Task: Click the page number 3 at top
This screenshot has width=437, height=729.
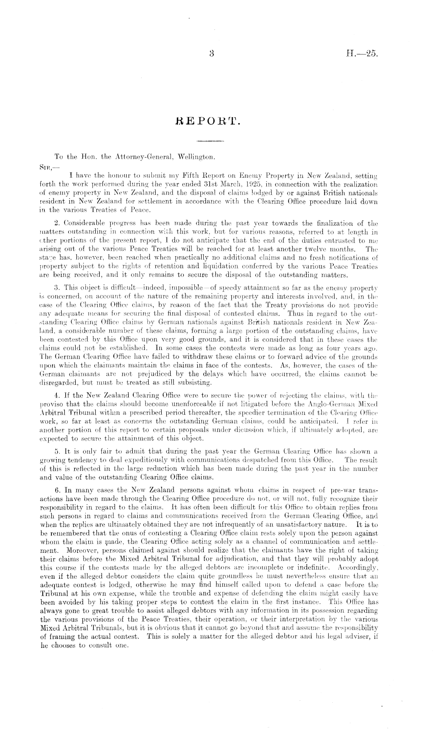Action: point(211,55)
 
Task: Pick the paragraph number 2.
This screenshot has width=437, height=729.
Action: point(56,223)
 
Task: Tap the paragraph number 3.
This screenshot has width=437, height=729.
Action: point(56,289)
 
